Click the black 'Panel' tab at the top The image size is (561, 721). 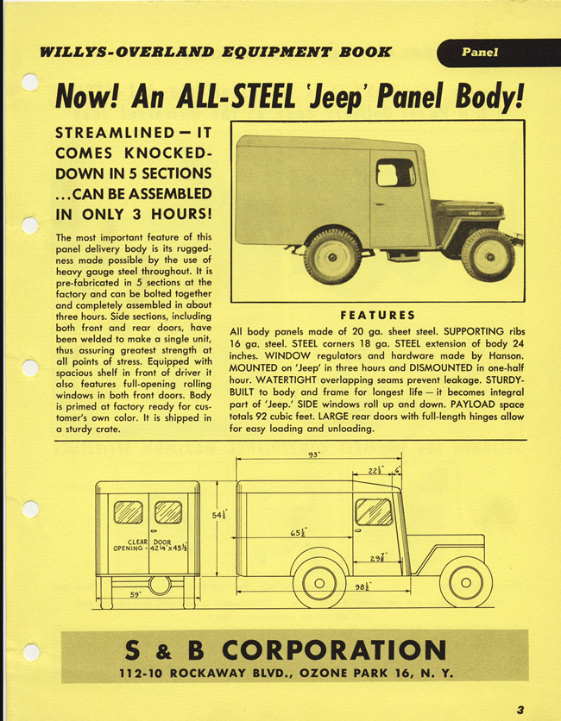click(480, 52)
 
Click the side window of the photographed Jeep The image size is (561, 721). click(395, 172)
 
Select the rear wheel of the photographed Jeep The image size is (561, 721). click(332, 254)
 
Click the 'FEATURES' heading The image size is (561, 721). click(377, 315)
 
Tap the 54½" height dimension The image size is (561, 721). click(218, 516)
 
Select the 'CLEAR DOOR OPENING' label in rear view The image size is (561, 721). click(148, 545)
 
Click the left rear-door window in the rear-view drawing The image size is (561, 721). click(129, 512)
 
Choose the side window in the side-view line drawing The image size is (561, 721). click(374, 512)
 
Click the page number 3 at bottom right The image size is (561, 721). click(520, 709)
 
